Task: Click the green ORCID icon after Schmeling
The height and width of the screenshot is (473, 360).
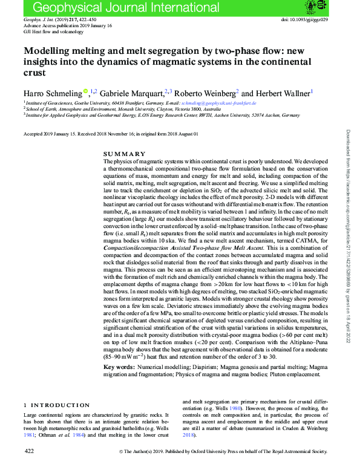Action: pos(85,92)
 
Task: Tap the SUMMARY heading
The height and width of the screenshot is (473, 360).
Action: pos(125,154)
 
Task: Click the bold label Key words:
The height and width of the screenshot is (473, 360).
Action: pos(118,367)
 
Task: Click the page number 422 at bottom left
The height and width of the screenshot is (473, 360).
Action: pos(28,451)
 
